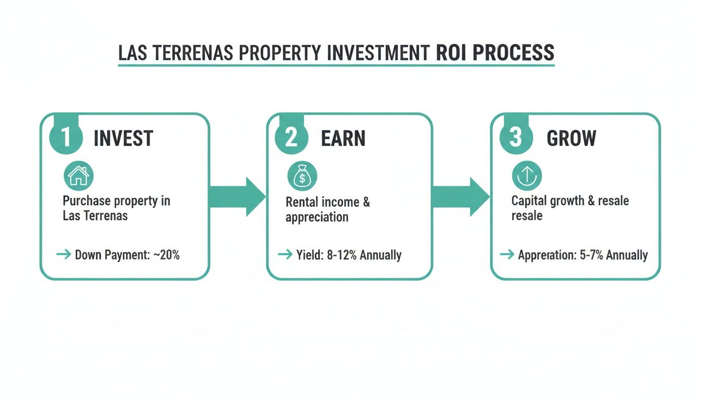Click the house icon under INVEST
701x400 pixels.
(x=78, y=176)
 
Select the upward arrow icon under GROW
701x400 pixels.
(x=526, y=176)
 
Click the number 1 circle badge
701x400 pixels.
(x=66, y=138)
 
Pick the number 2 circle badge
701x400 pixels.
(x=292, y=138)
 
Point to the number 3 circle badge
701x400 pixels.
(x=515, y=138)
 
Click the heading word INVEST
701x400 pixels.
(x=123, y=139)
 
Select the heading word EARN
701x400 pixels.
(x=343, y=139)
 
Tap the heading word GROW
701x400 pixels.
(x=571, y=139)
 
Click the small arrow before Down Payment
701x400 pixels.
(x=64, y=255)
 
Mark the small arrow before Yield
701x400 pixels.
(x=285, y=255)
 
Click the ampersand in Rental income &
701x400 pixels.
(x=366, y=202)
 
